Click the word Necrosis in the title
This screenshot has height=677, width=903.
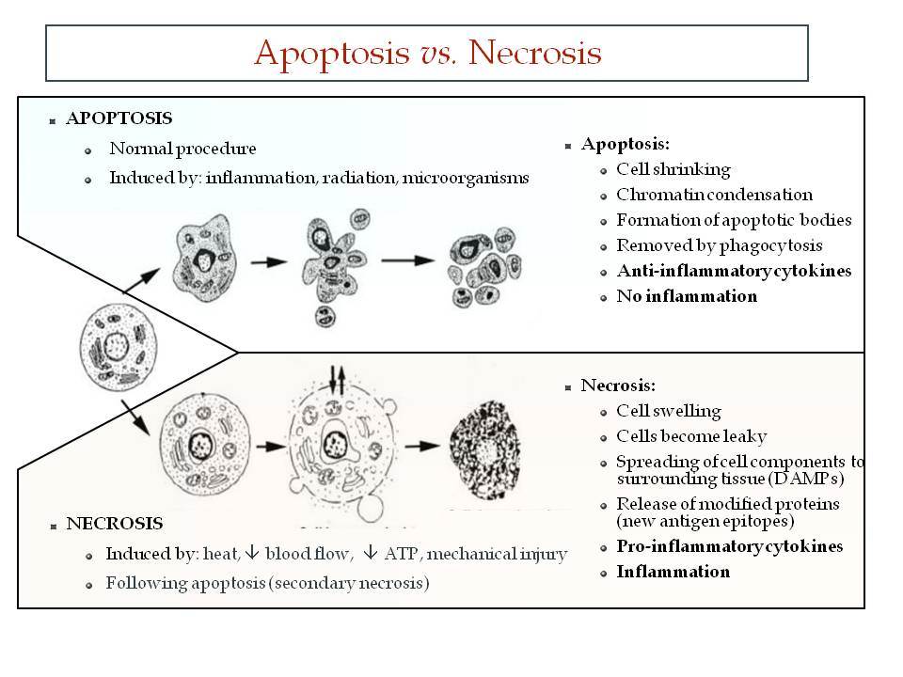click(535, 53)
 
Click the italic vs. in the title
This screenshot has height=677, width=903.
click(439, 54)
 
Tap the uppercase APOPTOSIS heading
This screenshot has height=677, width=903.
click(119, 118)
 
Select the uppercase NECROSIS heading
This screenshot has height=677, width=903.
click(115, 524)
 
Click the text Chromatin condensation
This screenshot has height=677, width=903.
click(715, 195)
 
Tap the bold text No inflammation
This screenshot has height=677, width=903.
click(687, 296)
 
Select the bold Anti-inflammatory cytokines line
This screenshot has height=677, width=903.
click(734, 271)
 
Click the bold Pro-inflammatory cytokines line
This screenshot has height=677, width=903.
click(730, 546)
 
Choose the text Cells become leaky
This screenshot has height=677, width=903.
click(691, 436)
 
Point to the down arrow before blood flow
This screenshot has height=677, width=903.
click(252, 552)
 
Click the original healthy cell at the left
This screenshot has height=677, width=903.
click(119, 347)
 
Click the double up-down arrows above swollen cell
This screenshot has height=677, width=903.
click(337, 379)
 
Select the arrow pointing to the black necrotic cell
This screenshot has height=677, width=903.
click(422, 446)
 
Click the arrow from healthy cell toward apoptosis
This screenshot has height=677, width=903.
click(141, 280)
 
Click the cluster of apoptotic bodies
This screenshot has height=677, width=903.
click(485, 267)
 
